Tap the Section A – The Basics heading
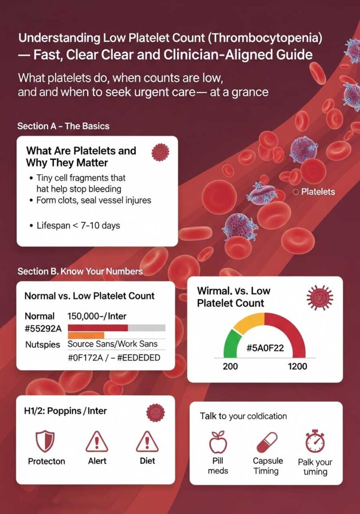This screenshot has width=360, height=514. point(63,126)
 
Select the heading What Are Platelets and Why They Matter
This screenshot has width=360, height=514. point(81,156)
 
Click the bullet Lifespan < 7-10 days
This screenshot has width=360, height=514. point(78,225)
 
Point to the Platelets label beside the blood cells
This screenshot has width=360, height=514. point(318,192)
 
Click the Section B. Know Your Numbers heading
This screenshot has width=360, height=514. point(80,271)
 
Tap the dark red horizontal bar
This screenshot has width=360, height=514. point(98,328)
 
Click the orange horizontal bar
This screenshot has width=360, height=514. point(86,335)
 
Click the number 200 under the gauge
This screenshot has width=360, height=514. point(230,366)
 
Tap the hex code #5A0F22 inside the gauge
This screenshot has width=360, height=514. point(265,349)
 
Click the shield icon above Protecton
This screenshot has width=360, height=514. point(45,441)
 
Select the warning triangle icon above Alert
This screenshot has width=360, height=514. point(97,441)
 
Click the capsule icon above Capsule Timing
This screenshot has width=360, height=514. point(266,442)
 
